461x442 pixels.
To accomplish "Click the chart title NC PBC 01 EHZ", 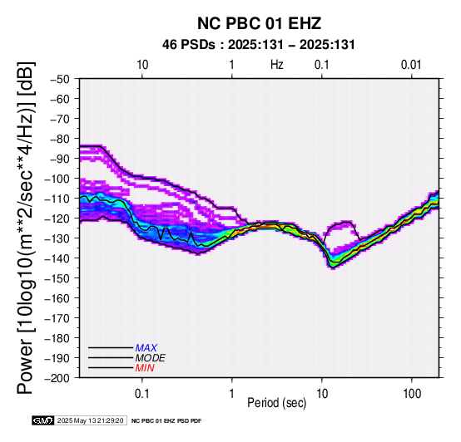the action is (x=259, y=23).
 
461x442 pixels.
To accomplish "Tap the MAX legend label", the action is (x=146, y=348).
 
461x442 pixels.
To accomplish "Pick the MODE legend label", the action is (x=151, y=358).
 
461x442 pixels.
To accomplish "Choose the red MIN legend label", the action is (x=145, y=368).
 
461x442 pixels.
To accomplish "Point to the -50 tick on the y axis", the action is (x=59, y=79).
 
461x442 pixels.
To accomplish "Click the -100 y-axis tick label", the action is (x=57, y=179).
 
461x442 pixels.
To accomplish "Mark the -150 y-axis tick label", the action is (x=57, y=278).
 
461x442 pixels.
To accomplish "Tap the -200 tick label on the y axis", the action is (x=57, y=378).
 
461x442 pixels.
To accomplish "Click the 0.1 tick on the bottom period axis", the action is (x=142, y=394).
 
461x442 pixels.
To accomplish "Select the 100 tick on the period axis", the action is (x=412, y=394).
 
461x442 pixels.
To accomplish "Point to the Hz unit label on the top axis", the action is (x=276, y=65).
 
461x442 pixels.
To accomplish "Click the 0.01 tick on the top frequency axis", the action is (x=411, y=65).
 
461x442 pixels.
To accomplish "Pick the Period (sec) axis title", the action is (x=276, y=403).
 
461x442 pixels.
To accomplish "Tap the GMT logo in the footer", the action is (x=43, y=420).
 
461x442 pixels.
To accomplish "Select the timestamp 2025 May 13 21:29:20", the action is (x=90, y=420).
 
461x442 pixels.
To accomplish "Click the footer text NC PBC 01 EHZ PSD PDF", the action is (x=166, y=421).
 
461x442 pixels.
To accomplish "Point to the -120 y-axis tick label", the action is (x=57, y=219).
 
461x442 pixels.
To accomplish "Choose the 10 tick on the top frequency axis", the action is (x=142, y=65).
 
